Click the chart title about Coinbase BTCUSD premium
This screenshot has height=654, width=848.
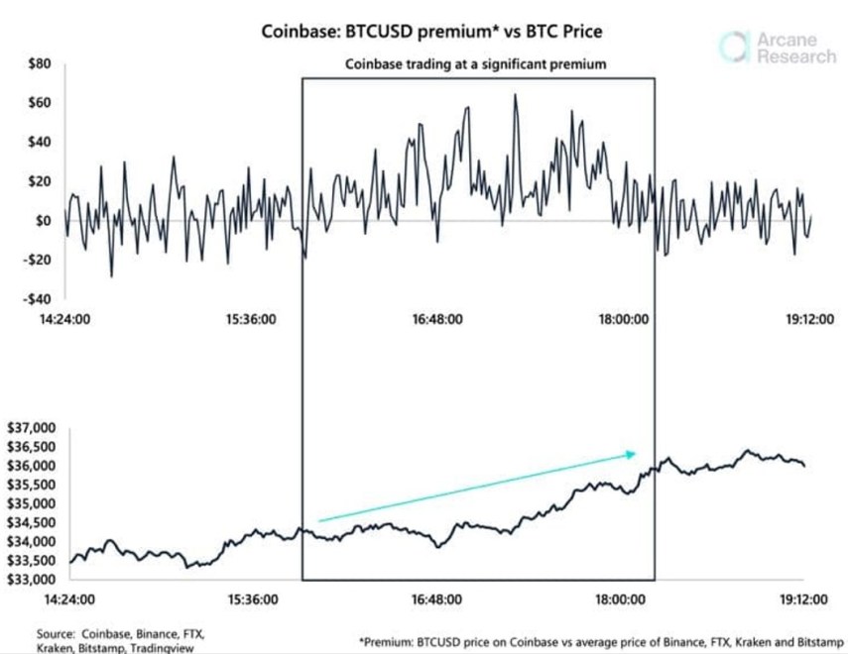(430, 32)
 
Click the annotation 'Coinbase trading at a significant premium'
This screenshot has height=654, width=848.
(475, 63)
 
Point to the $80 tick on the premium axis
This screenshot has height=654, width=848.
(39, 64)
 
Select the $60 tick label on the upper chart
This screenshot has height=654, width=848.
(39, 103)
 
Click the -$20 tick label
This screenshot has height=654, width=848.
(37, 260)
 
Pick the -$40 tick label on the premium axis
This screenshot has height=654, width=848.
(37, 298)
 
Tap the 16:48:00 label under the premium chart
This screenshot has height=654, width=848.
(435, 320)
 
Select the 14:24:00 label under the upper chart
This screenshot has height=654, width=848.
(67, 320)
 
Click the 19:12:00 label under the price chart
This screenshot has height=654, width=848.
(803, 599)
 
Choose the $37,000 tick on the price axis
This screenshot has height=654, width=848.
(33, 428)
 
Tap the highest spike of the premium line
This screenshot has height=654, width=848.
(516, 95)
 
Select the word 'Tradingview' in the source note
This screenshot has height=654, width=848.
(163, 647)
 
